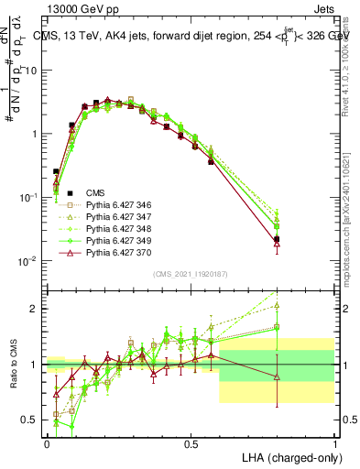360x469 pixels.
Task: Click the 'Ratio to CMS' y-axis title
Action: (x=13, y=365)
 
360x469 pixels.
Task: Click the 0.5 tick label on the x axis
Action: (x=191, y=443)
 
